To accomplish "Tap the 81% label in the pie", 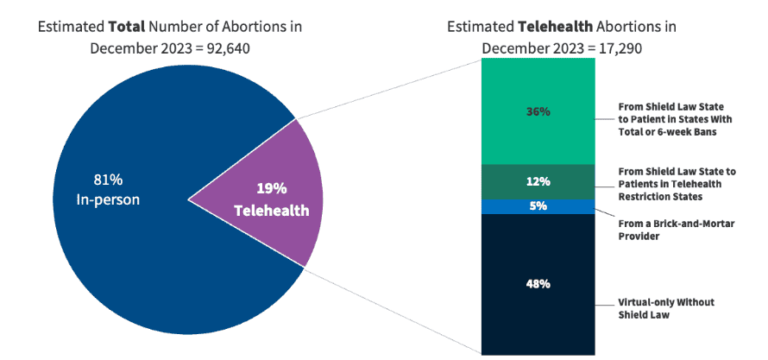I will (108, 180).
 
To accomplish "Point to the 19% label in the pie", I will (271, 188).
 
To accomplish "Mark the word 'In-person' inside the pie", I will (108, 199).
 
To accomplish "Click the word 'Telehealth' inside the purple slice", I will (271, 210).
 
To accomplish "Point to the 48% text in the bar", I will (538, 283).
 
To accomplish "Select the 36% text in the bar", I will (538, 111).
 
